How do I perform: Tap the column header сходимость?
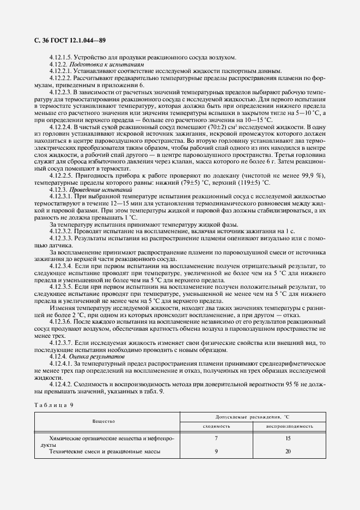(x=216, y=426)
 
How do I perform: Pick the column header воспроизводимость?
(x=290, y=426)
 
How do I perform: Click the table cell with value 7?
(x=216, y=438)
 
